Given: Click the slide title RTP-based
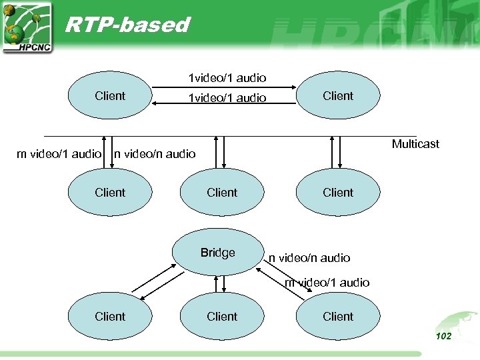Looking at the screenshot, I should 127,25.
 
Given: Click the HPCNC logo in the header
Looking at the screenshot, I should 27,27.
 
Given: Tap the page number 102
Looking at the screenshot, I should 443,336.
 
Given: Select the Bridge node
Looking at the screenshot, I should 218,253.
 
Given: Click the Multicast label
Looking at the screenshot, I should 415,144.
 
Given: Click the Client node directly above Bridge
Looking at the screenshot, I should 222,193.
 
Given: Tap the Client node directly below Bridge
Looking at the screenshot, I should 222,317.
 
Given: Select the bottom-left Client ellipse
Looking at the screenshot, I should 110,317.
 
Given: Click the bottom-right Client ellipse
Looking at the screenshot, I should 338,317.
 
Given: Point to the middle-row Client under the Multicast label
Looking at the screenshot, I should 338,193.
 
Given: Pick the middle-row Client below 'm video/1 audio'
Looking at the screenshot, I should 110,193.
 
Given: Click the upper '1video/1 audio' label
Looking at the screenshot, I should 227,78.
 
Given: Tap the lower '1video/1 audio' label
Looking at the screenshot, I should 227,98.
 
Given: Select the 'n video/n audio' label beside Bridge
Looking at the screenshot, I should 309,258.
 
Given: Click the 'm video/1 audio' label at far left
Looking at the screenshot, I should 59,154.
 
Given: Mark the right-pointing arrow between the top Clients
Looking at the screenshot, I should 227,86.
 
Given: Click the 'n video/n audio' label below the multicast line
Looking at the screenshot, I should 155,154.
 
